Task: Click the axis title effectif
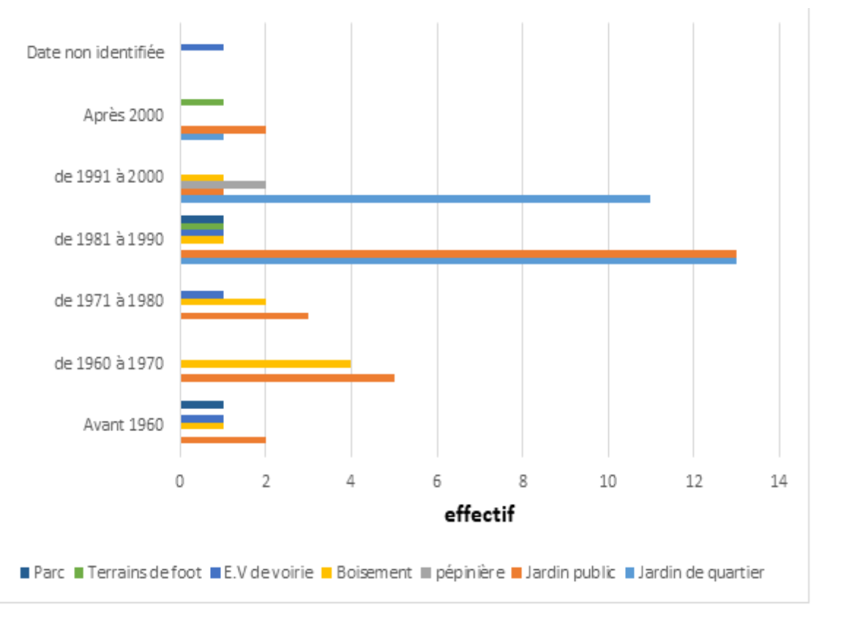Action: pyautogui.click(x=479, y=514)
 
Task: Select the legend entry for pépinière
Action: pyautogui.click(x=469, y=572)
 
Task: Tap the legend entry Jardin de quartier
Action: pyautogui.click(x=700, y=572)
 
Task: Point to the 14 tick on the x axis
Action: pyautogui.click(x=779, y=481)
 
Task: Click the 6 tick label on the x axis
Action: pyautogui.click(x=437, y=481)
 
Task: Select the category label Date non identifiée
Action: pyautogui.click(x=95, y=53)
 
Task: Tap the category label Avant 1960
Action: pyautogui.click(x=123, y=424)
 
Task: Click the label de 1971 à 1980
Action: pyautogui.click(x=109, y=300)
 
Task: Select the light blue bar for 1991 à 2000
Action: pyautogui.click(x=414, y=199)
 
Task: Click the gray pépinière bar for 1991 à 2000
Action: pyautogui.click(x=223, y=184)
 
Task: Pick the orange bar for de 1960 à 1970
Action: pyautogui.click(x=287, y=378)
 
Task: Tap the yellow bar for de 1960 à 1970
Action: pyautogui.click(x=265, y=364)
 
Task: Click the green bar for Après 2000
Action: pyautogui.click(x=201, y=102)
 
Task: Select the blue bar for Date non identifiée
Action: pyautogui.click(x=201, y=48)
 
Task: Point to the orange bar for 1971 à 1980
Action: pyautogui.click(x=244, y=316)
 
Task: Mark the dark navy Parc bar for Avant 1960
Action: pyautogui.click(x=201, y=405)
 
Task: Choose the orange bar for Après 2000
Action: pyautogui.click(x=223, y=130)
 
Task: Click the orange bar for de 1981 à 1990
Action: pyautogui.click(x=457, y=253)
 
